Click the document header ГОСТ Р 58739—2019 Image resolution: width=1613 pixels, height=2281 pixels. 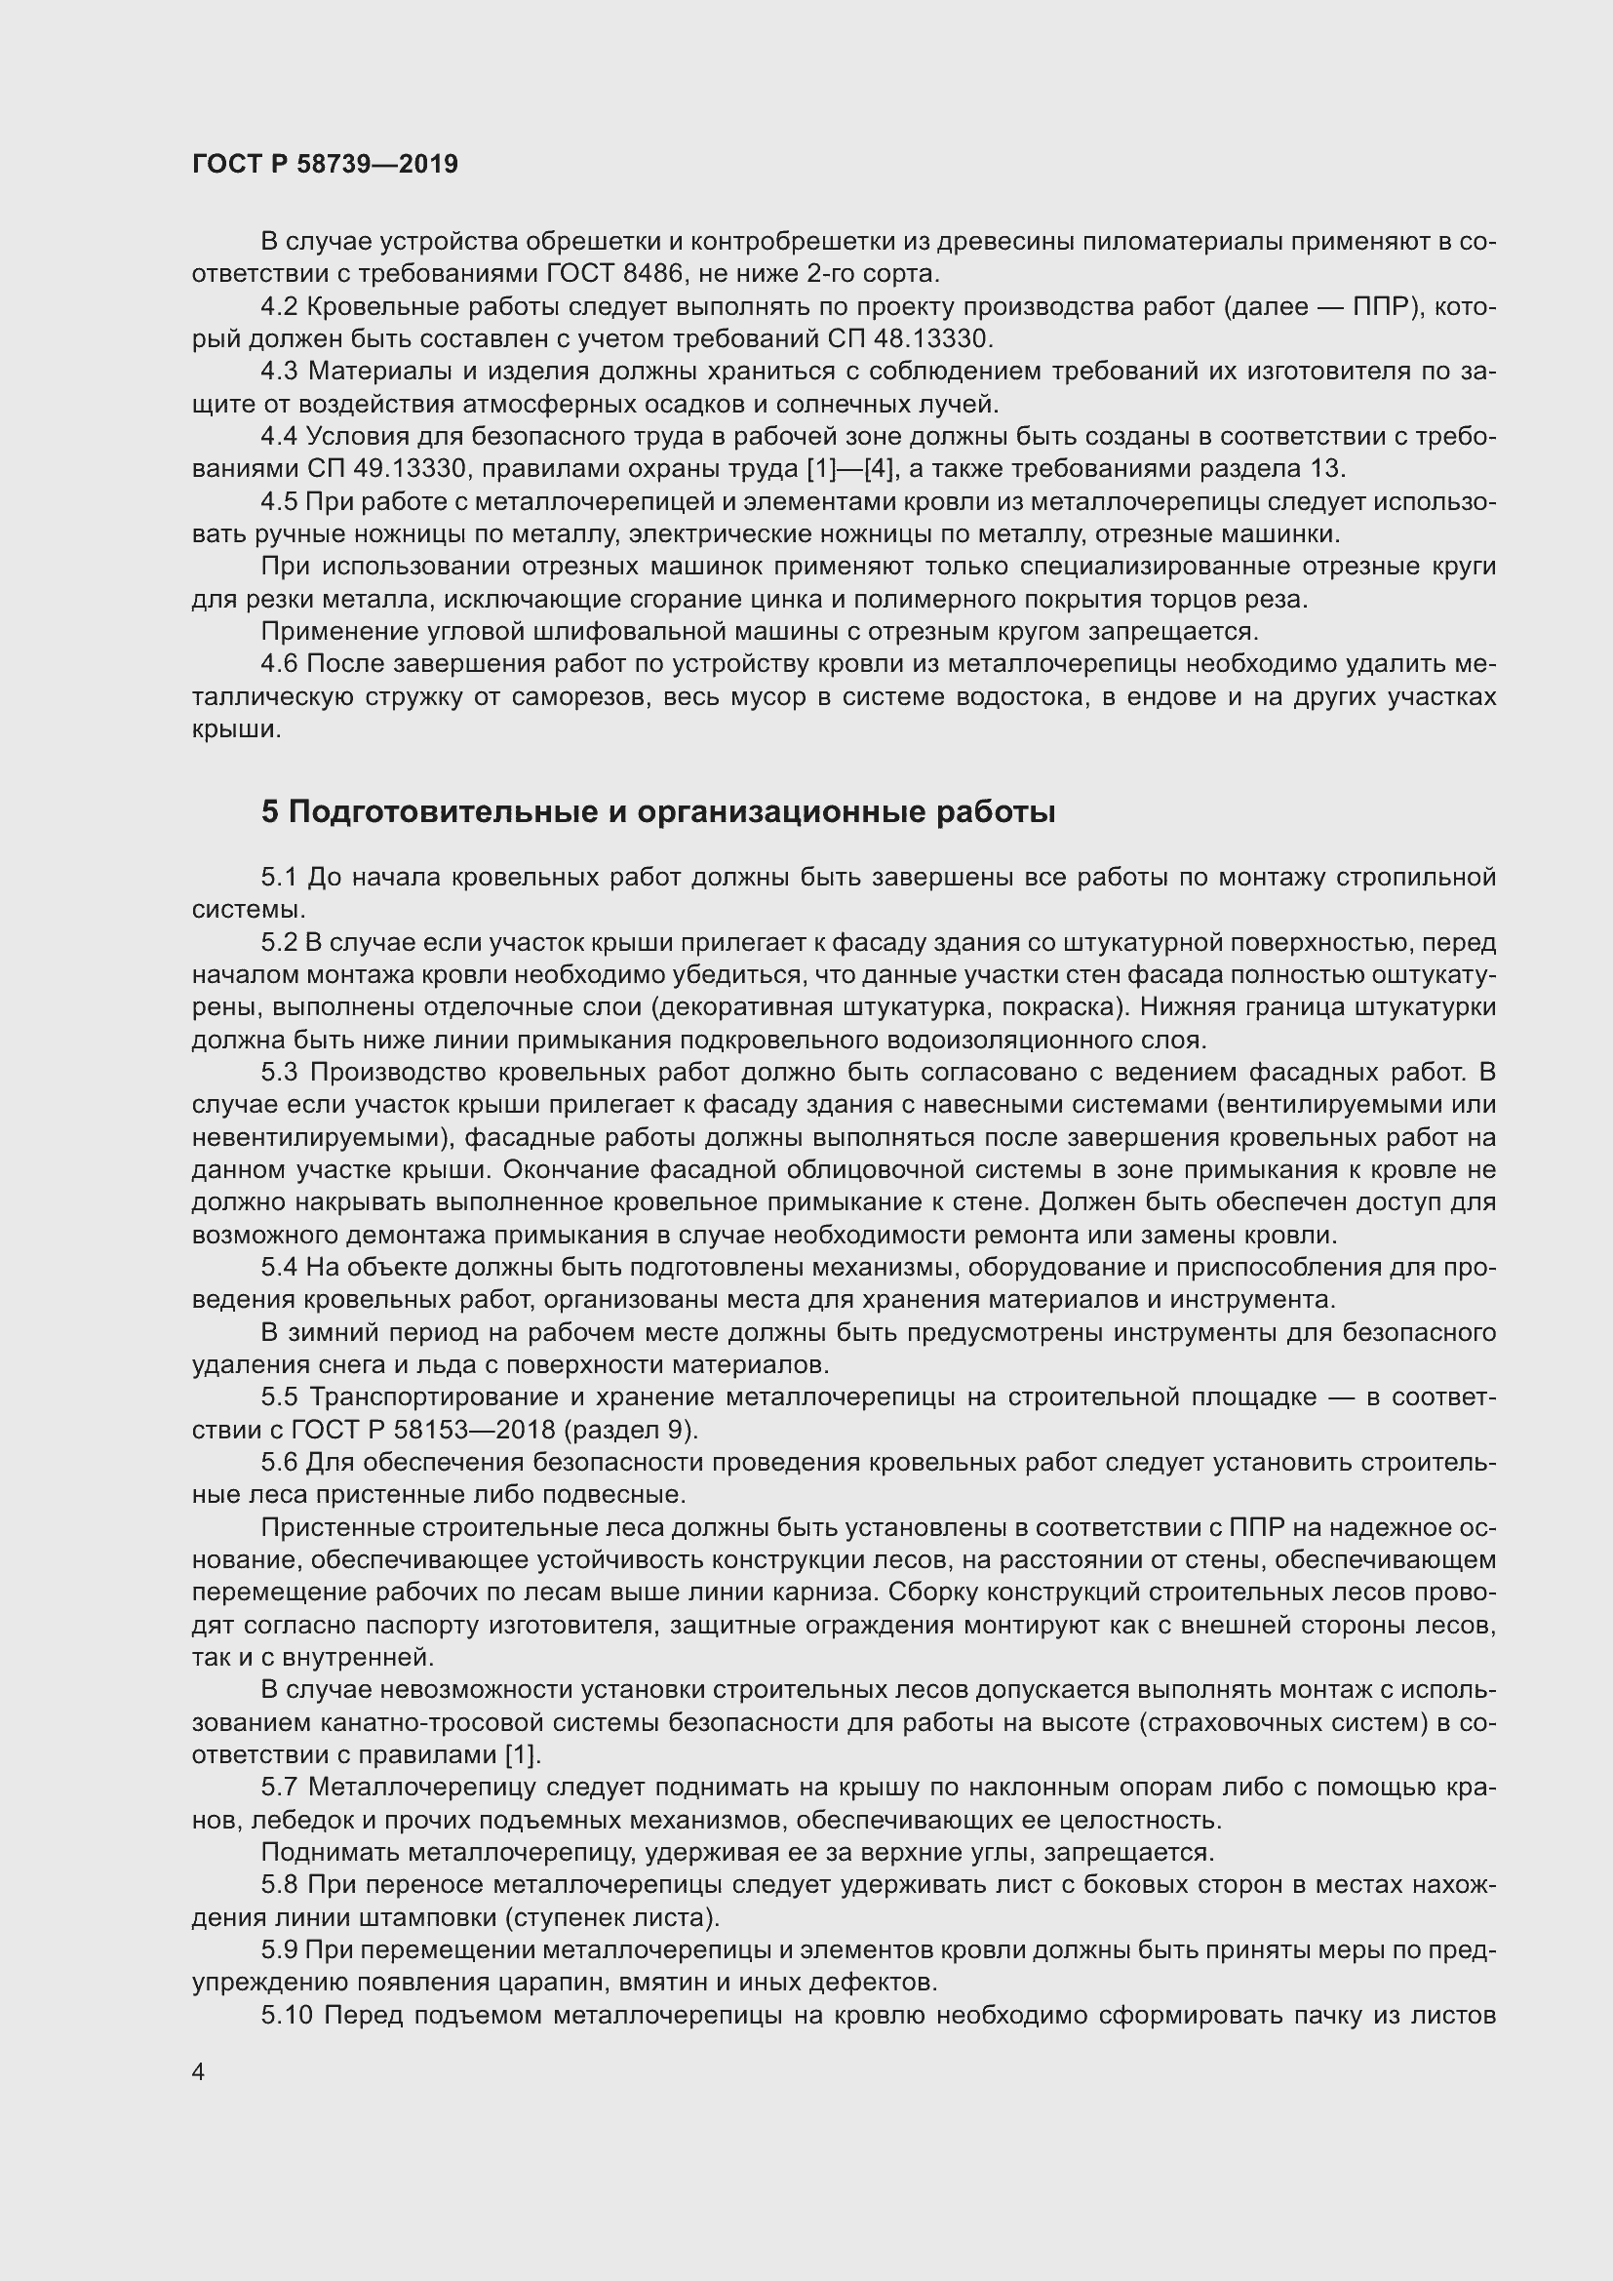[325, 164]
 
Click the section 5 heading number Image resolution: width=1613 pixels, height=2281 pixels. [270, 812]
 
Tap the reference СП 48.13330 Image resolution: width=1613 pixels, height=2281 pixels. [909, 339]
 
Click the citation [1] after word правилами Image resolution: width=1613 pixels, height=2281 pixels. [523, 1754]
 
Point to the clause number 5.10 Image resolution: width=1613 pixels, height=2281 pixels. [287, 2015]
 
